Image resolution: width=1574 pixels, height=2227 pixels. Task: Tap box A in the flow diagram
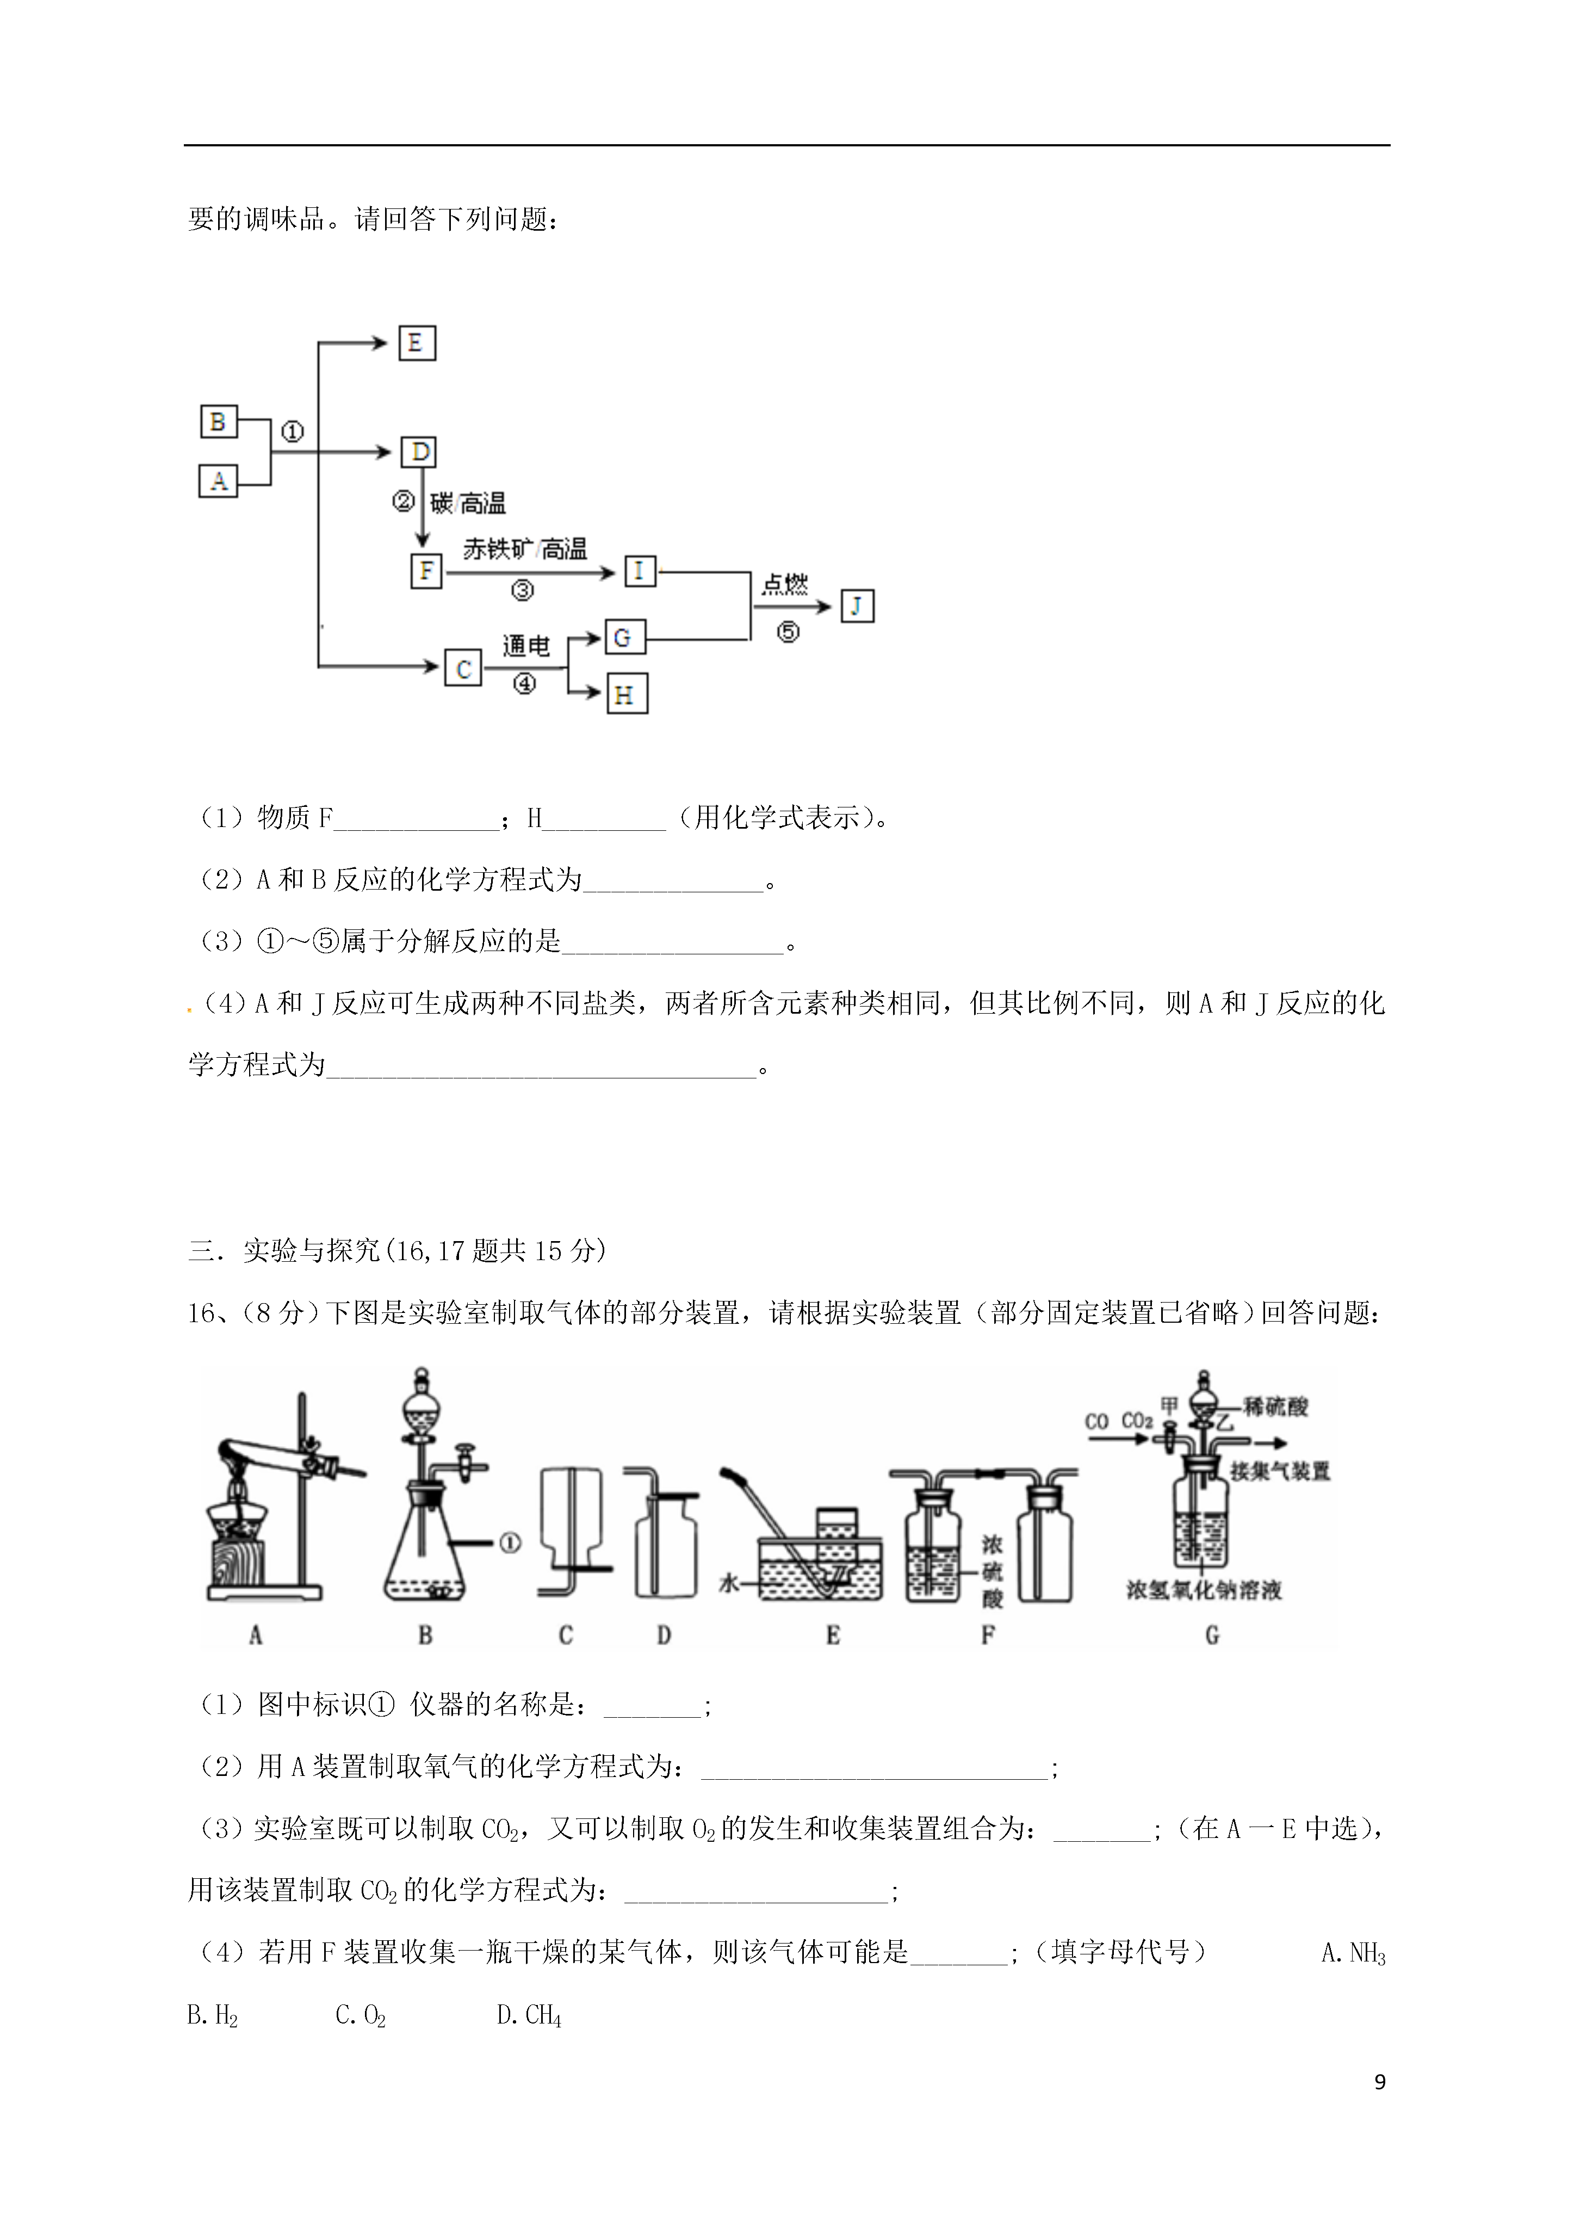coord(218,481)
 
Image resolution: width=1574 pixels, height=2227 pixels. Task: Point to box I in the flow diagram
coord(639,571)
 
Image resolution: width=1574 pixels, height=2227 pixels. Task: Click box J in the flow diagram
coord(857,606)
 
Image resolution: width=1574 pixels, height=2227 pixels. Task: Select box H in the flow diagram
coord(627,694)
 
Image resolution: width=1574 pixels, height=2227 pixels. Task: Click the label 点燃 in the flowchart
coord(785,584)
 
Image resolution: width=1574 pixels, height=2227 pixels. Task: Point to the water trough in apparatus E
coord(821,1569)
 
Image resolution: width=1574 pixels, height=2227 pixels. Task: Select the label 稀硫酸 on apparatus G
coord(1276,1405)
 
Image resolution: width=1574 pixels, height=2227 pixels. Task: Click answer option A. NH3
coord(1353,1953)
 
